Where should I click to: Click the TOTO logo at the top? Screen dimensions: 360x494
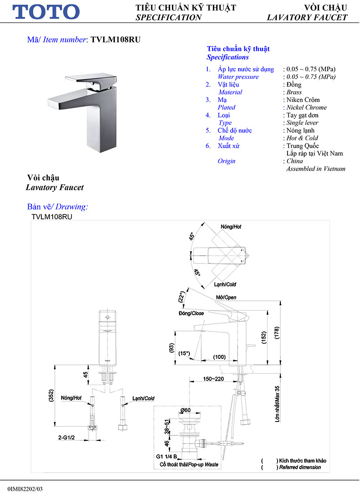(x=46, y=12)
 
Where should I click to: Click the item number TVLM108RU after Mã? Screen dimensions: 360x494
(x=116, y=40)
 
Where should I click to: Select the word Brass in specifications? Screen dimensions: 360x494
(x=294, y=92)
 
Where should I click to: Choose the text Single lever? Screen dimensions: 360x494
(x=302, y=123)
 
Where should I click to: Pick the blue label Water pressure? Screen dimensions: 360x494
(x=238, y=77)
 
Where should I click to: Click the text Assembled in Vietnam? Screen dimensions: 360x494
(x=315, y=169)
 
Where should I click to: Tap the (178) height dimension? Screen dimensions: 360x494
(x=277, y=333)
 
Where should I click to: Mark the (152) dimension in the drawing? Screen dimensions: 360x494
(x=264, y=337)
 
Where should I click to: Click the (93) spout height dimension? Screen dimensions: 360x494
(x=171, y=348)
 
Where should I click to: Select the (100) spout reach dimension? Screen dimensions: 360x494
(x=219, y=357)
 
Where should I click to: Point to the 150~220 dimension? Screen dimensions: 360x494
(x=213, y=379)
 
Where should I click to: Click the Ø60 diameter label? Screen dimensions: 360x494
(x=185, y=410)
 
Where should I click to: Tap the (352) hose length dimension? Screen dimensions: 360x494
(x=51, y=395)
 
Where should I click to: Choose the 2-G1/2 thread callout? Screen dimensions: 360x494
(x=67, y=437)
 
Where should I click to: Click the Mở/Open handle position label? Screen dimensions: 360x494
(x=226, y=297)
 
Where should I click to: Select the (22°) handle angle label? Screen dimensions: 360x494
(x=181, y=297)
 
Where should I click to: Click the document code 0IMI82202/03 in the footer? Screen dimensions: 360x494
(x=25, y=489)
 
